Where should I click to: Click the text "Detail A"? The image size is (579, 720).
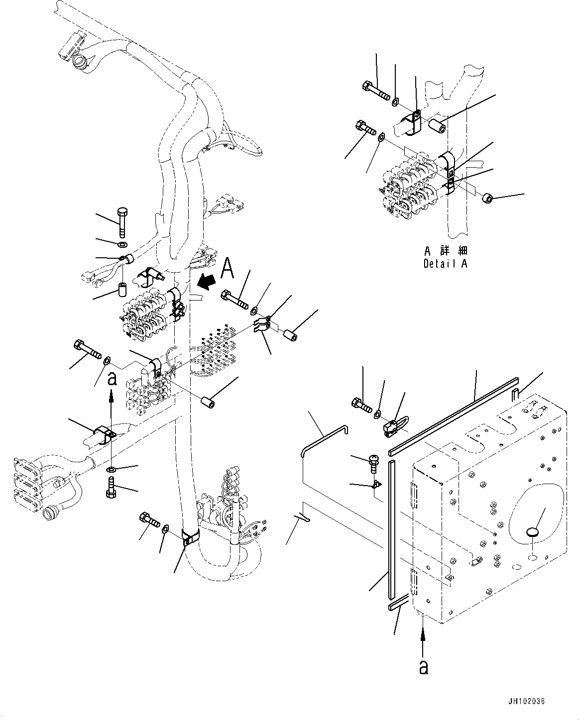[445, 264]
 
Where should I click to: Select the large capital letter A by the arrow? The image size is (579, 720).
[227, 269]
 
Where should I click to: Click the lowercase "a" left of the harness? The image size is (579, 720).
[112, 379]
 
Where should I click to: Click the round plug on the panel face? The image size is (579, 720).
[532, 532]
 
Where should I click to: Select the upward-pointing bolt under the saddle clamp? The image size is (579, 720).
[111, 487]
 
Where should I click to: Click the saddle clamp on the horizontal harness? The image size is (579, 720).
[104, 433]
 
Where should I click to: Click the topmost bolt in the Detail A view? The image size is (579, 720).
[376, 90]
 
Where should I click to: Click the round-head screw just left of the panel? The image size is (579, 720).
[373, 462]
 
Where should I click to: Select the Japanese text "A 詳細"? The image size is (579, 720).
[446, 251]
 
